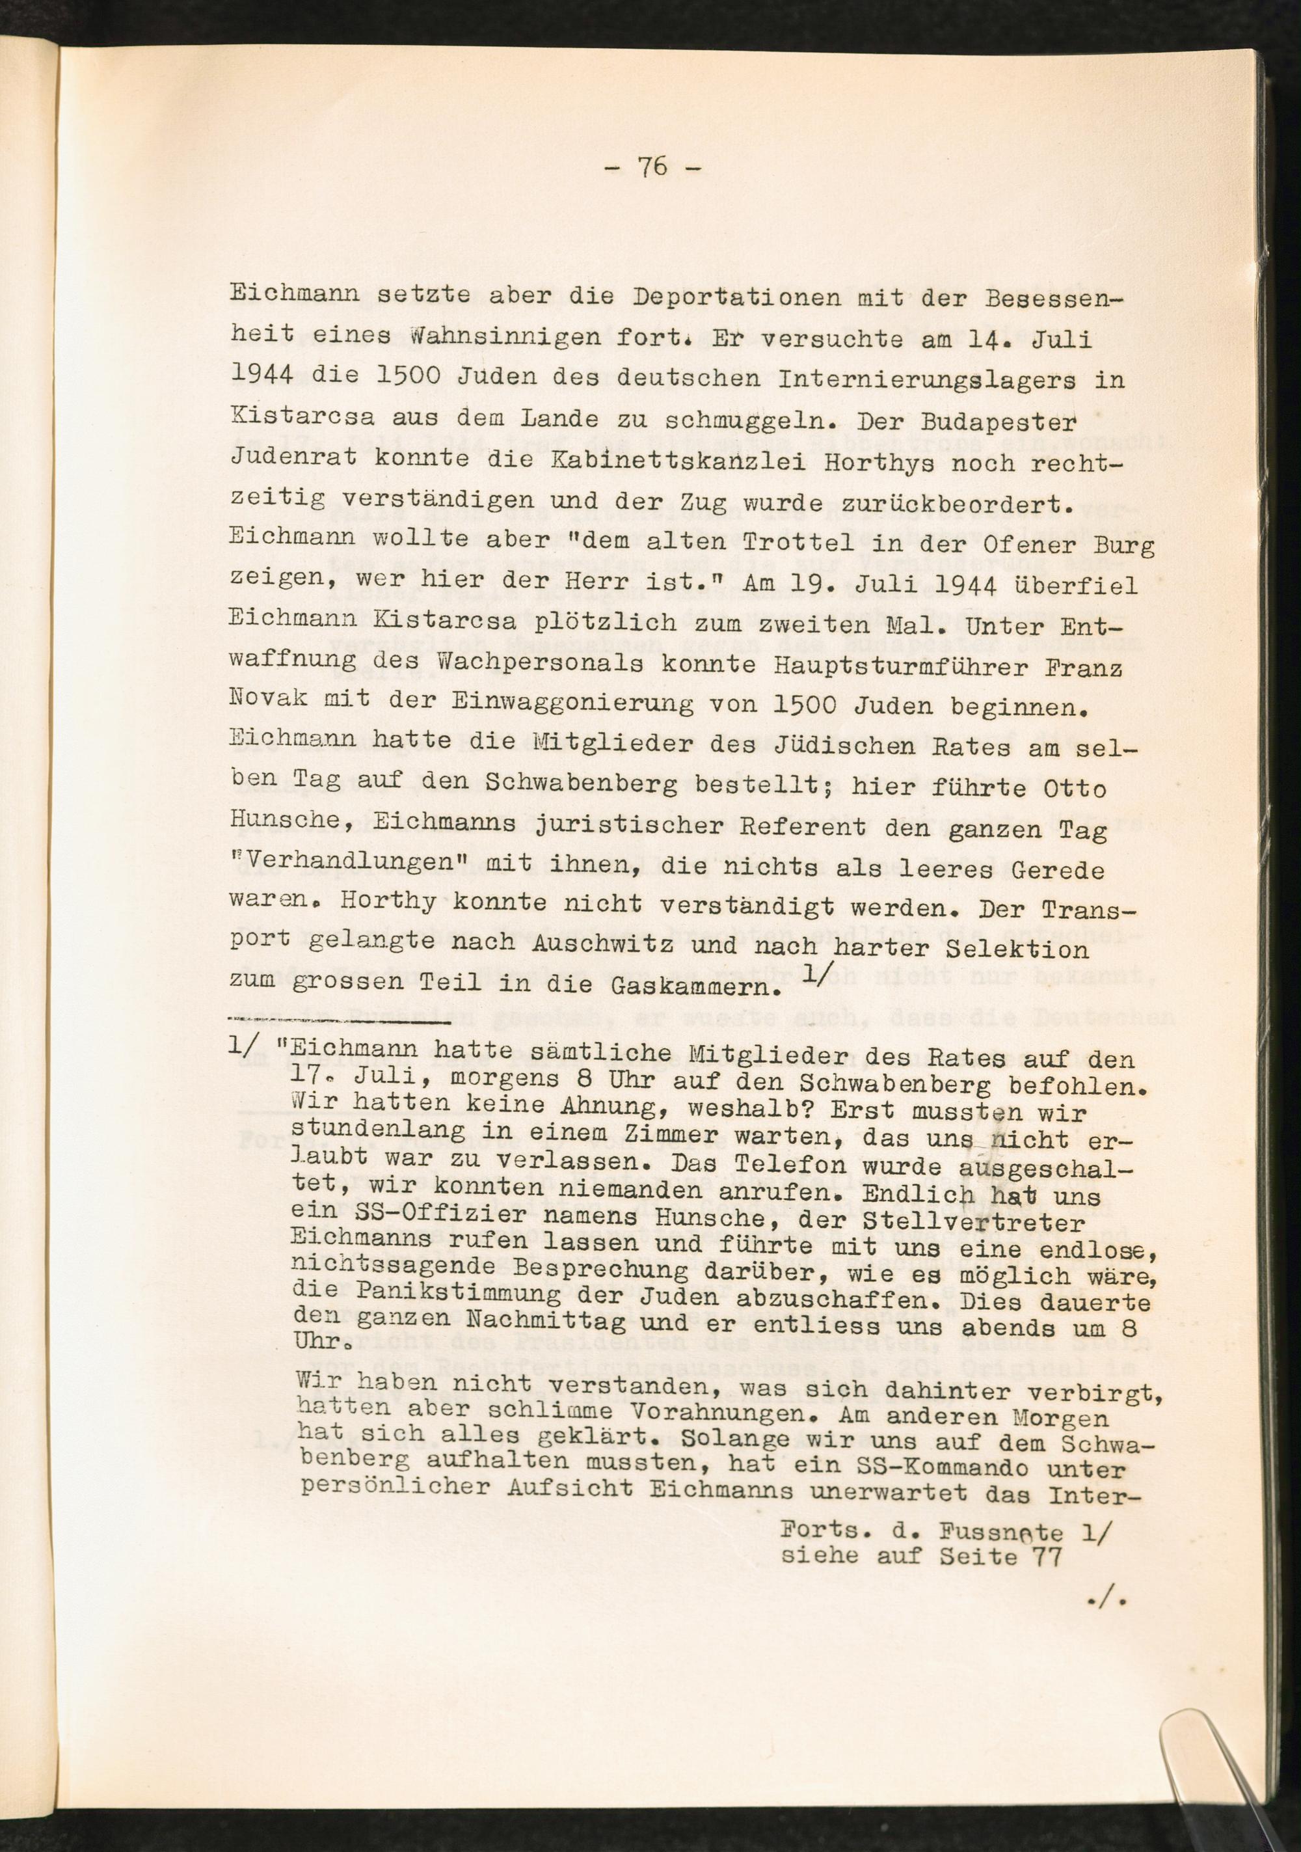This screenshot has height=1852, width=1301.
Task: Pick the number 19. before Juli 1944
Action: tap(868, 586)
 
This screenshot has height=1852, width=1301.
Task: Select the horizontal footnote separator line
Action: tap(339, 1024)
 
